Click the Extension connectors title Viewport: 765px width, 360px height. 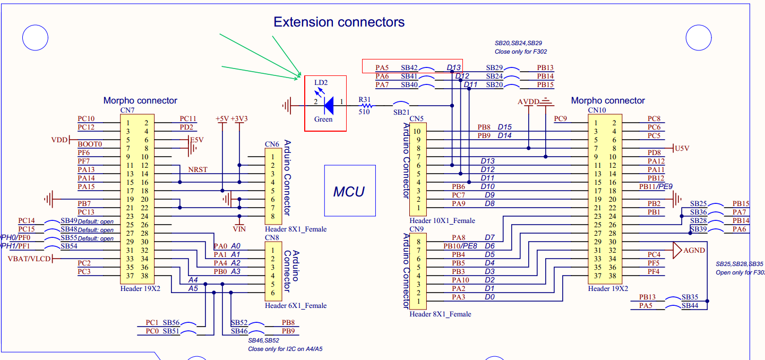pos(339,22)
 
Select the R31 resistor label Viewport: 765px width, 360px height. pos(365,99)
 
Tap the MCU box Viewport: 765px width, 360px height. pos(350,191)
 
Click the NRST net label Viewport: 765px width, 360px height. pos(197,169)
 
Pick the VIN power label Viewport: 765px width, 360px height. pos(240,229)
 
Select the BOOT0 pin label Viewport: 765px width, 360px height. pos(89,144)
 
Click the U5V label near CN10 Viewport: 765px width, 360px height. pos(681,149)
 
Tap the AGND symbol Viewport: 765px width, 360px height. pos(693,250)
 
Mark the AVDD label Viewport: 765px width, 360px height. pos(528,101)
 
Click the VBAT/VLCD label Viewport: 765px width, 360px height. pos(29,259)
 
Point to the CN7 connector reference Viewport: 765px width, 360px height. pos(127,110)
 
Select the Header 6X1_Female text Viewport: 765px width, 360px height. pos(295,305)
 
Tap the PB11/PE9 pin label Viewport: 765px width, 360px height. pos(656,186)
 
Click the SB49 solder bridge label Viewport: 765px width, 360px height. pos(68,221)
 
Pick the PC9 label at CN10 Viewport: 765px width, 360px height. pos(561,118)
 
